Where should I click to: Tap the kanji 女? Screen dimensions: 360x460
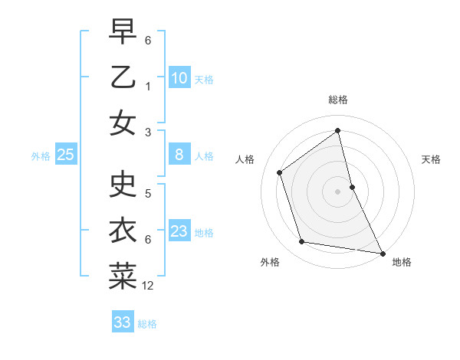[123, 123]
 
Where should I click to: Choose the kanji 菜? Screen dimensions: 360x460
[123, 277]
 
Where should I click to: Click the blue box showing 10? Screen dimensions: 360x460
[179, 78]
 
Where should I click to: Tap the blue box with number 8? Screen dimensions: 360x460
[179, 155]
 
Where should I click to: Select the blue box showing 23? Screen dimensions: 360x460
[179, 231]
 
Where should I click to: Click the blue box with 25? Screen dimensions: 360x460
[66, 155]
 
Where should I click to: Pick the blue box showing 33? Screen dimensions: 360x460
[123, 322]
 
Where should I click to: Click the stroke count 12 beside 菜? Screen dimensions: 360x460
[148, 286]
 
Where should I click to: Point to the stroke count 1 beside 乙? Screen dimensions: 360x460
[148, 87]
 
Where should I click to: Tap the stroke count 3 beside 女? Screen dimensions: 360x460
[148, 133]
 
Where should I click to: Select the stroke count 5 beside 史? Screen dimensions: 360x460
[148, 194]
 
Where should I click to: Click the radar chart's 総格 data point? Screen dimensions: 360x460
[338, 130]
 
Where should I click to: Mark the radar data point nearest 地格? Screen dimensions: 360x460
[382, 252]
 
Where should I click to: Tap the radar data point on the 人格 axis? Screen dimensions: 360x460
[280, 172]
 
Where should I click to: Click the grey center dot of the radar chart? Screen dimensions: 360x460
[338, 191]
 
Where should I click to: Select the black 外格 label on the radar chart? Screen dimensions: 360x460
[270, 262]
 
